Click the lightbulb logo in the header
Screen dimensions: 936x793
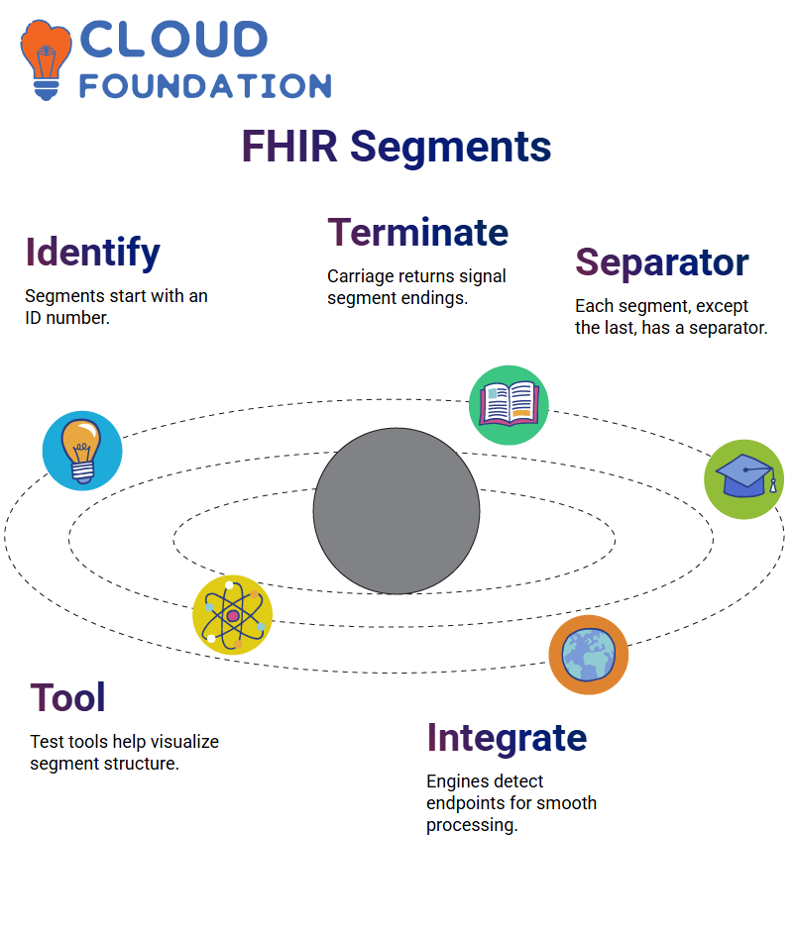tap(46, 58)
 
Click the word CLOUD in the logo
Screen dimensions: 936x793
tap(172, 40)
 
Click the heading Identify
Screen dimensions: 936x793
tap(92, 253)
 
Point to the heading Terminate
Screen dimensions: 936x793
tap(417, 232)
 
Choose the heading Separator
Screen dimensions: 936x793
tap(661, 262)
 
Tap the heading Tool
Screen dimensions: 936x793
tap(67, 698)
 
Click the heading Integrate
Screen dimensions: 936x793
tap(507, 738)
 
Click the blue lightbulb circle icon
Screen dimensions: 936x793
tap(82, 451)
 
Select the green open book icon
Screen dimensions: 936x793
tap(509, 404)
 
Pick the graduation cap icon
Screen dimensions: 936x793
tap(743, 479)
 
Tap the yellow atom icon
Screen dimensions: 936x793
tap(232, 615)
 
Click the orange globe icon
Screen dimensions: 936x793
tap(589, 655)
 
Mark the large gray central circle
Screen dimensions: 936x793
tap(396, 511)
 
